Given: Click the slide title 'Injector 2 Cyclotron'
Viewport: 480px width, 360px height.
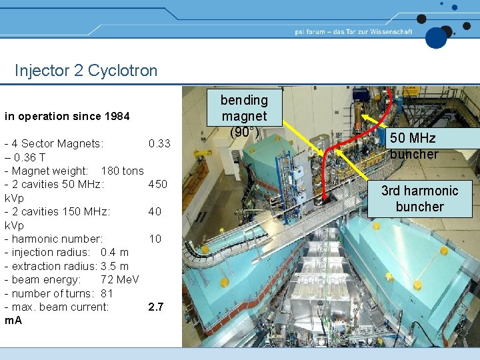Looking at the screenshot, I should (x=86, y=71).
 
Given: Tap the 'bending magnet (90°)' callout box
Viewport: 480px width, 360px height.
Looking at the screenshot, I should (x=244, y=116).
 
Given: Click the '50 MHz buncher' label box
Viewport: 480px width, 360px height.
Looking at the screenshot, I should (x=414, y=146).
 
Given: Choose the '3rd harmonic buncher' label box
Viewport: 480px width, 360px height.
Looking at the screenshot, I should (x=419, y=199).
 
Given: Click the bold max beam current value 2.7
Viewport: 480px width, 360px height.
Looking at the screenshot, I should (x=156, y=307).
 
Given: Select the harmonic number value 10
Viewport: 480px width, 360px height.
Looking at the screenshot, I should (x=155, y=239).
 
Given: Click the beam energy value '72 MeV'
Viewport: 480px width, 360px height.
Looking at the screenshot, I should (x=120, y=279).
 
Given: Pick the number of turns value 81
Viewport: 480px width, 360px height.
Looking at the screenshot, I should (x=107, y=293).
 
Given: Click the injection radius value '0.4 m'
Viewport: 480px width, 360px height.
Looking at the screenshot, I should (x=115, y=252).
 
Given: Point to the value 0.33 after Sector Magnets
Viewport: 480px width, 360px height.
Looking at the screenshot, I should (x=159, y=143).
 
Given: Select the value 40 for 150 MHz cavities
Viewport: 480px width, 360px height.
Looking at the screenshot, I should (x=155, y=211).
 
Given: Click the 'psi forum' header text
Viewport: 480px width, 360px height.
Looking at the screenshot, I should (x=353, y=31).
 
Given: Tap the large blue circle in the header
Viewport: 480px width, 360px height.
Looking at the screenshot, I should (x=437, y=37).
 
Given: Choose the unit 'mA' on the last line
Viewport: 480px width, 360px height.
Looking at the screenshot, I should (x=13, y=321).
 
